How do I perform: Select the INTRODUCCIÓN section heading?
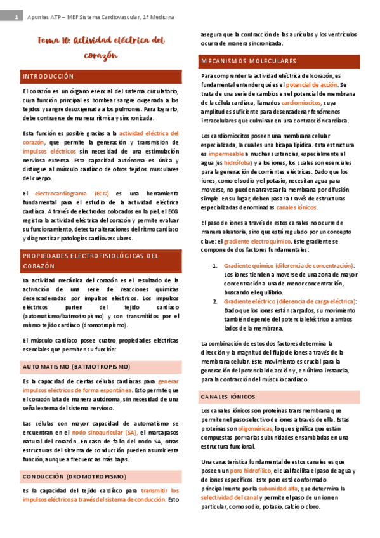pyautogui.click(x=49, y=76)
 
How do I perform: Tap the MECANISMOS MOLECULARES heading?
pyautogui.click(x=248, y=61)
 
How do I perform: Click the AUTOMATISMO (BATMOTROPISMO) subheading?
pyautogui.click(x=76, y=367)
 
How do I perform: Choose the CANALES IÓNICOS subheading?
pyautogui.click(x=228, y=397)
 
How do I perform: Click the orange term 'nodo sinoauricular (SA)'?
pyautogui.click(x=105, y=431)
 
